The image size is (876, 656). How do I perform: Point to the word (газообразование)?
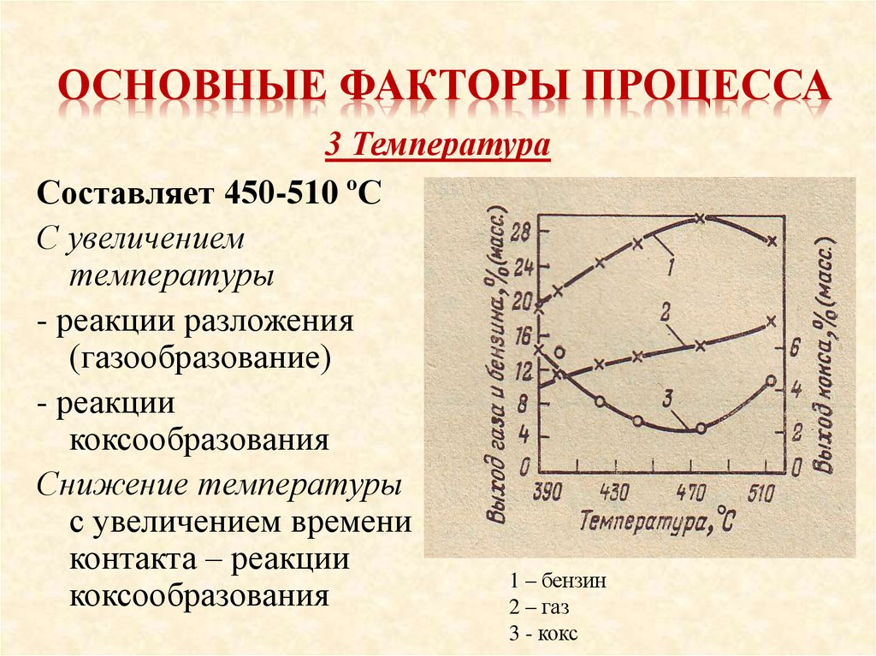201,358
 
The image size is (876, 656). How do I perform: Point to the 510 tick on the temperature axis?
768,493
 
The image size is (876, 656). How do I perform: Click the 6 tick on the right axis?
794,347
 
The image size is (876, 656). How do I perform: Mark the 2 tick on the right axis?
796,433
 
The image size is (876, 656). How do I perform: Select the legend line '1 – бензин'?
557,581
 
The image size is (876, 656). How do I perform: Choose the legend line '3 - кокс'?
543,634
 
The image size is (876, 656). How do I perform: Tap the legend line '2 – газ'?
539,607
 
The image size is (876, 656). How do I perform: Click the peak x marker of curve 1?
700,219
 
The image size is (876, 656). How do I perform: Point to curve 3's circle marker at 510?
772,381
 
